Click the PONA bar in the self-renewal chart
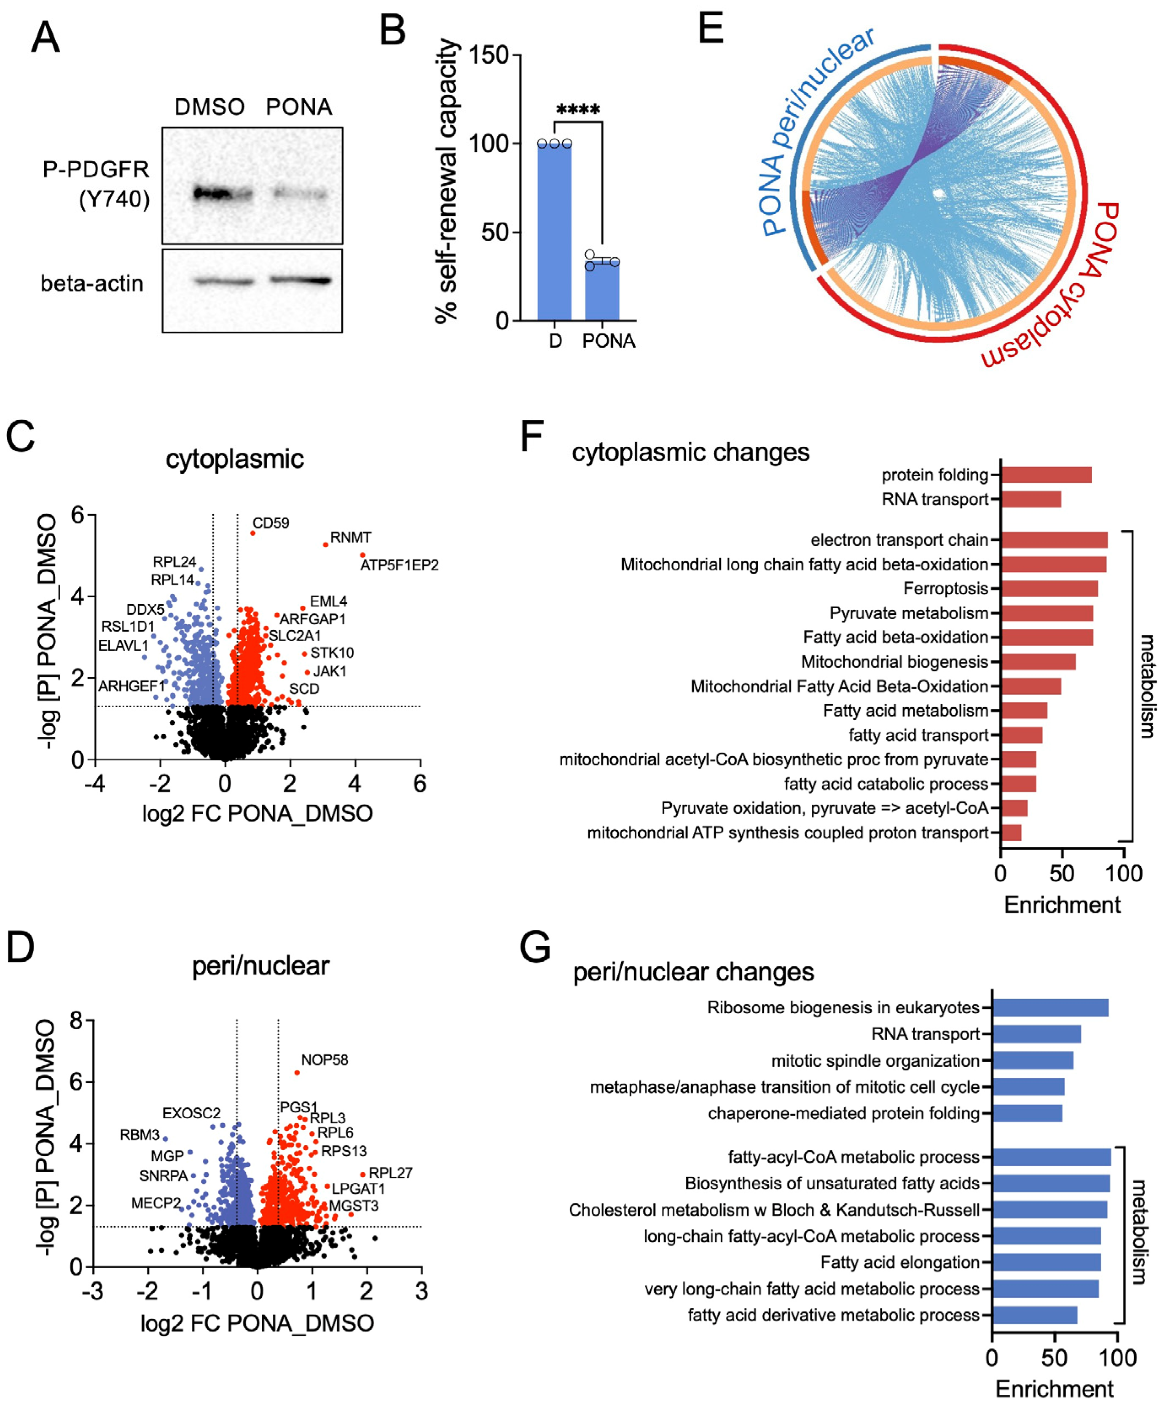point(602,291)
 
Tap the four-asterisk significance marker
point(578,110)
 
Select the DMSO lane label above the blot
point(209,107)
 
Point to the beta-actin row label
point(92,284)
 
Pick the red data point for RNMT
point(326,545)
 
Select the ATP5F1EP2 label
point(400,566)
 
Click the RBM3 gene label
point(139,1135)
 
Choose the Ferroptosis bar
point(1049,589)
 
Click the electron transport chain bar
point(1054,540)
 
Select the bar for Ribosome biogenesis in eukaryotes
point(1049,1008)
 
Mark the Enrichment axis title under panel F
point(1062,905)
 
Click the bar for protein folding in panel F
point(1046,475)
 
